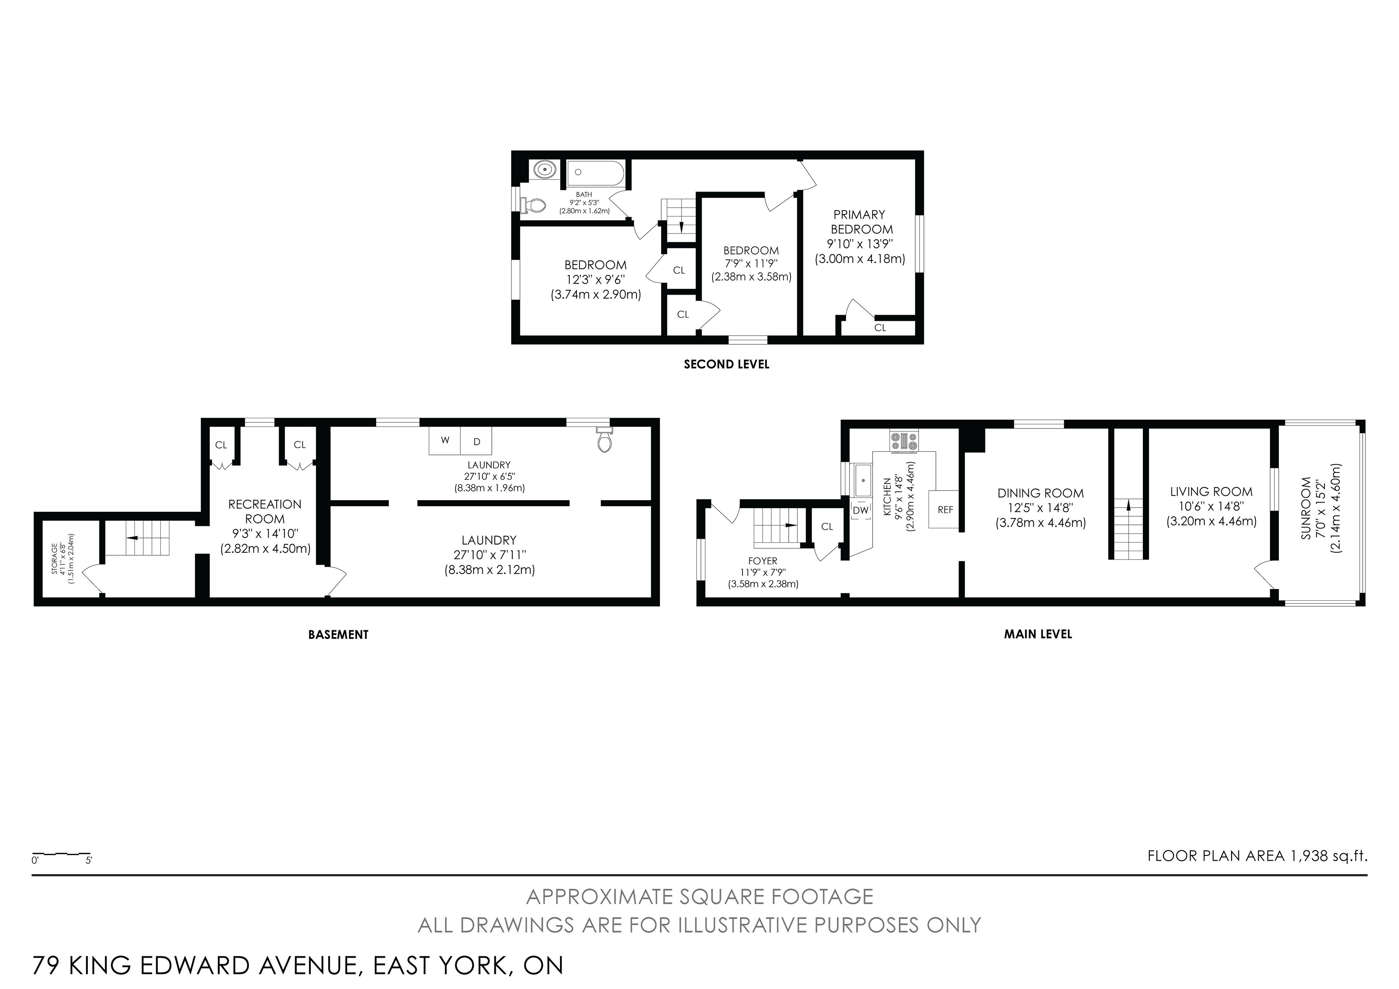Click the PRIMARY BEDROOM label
(861, 222)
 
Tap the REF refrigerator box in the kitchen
(944, 509)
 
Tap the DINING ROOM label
(1041, 493)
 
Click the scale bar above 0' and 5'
(61, 854)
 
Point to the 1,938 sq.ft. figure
(1328, 856)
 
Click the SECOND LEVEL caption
(726, 364)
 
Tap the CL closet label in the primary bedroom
(880, 328)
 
